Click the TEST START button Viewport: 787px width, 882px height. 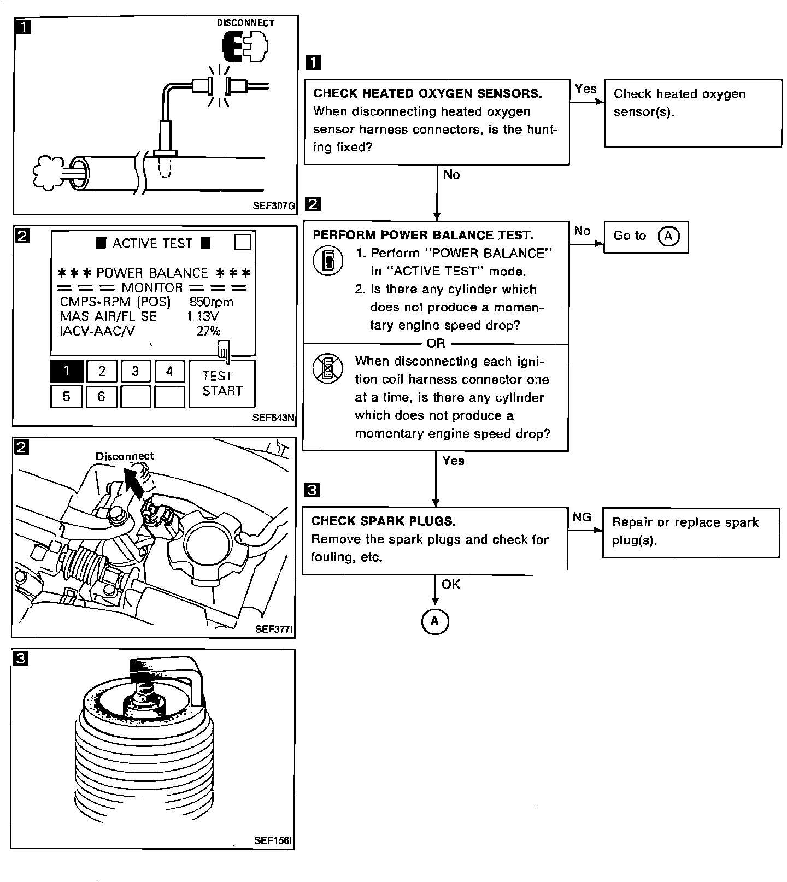point(222,384)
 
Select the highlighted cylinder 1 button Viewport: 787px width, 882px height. point(67,371)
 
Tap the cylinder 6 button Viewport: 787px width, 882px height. point(101,396)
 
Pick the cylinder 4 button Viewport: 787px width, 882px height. point(169,371)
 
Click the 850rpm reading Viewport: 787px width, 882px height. point(212,302)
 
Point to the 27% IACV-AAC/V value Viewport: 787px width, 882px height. point(208,331)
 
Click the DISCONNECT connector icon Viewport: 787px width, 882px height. point(244,45)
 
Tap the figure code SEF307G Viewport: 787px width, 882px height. point(274,206)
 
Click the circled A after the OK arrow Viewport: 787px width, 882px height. point(435,621)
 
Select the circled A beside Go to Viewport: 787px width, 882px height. point(668,236)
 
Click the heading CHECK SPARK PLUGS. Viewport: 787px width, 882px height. point(383,521)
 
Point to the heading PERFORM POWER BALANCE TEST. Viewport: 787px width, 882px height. point(423,235)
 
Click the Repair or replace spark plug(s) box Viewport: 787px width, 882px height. point(690,532)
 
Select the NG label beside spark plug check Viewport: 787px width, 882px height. point(582,517)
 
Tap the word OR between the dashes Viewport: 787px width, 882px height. point(436,343)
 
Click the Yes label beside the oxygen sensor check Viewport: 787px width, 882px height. point(585,89)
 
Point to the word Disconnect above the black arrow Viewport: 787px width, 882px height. point(125,456)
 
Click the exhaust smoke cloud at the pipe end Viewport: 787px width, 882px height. point(49,173)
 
